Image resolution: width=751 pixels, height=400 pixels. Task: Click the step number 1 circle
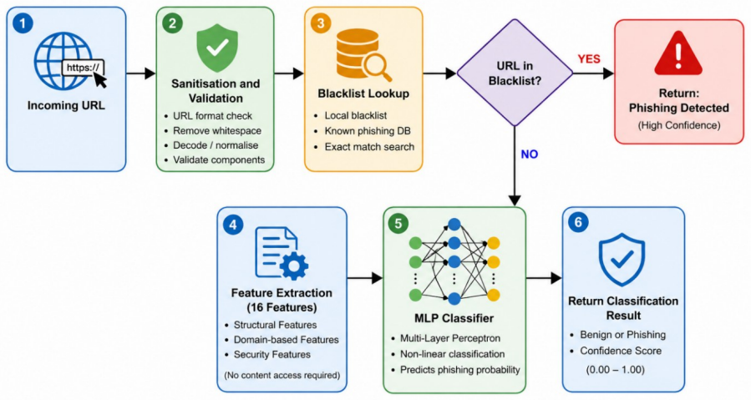tap(23, 23)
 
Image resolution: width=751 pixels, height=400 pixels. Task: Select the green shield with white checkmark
tap(217, 48)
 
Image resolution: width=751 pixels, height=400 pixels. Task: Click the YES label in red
tap(589, 59)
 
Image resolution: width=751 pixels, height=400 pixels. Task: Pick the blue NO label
tap(530, 154)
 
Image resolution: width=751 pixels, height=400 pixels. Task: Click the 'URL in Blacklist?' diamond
tap(515, 73)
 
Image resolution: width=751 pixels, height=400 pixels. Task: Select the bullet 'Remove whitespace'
tap(217, 131)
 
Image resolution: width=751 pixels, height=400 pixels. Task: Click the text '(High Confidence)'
tap(678, 125)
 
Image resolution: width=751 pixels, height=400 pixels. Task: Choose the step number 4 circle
tap(233, 224)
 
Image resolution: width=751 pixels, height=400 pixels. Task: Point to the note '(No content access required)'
tap(282, 375)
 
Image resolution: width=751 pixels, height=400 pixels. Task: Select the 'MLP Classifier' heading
tap(454, 318)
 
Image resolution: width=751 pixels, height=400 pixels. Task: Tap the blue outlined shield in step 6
tap(622, 260)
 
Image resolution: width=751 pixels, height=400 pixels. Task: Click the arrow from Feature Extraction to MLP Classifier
tap(365, 277)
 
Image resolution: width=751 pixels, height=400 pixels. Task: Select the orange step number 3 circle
tap(321, 23)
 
